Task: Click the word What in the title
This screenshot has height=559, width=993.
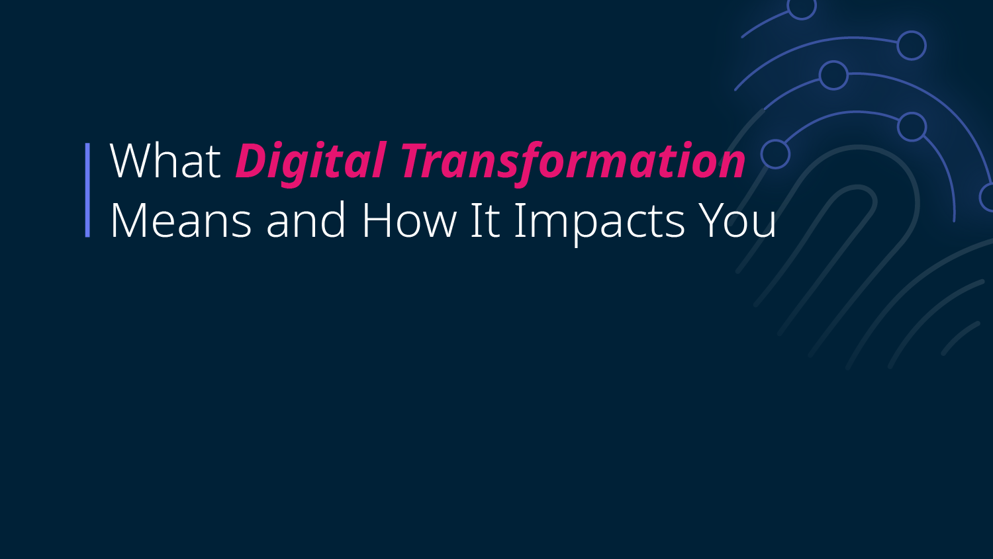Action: pos(165,160)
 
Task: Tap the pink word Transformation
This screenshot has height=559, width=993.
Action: pos(573,160)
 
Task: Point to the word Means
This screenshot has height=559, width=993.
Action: pos(181,220)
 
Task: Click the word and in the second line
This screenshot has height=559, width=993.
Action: pos(306,220)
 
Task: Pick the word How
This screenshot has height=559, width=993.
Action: pos(408,220)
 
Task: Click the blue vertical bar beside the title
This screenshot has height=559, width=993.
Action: pos(87,190)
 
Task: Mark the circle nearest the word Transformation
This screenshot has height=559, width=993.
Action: pos(775,154)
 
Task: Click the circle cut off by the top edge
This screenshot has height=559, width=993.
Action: pos(802,8)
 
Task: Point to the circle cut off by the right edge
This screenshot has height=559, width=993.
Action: pos(987,198)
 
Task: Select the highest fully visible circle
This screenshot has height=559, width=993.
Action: pos(912,45)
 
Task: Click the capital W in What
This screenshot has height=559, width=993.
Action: pos(132,161)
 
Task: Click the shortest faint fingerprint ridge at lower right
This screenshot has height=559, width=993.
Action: pos(960,337)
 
